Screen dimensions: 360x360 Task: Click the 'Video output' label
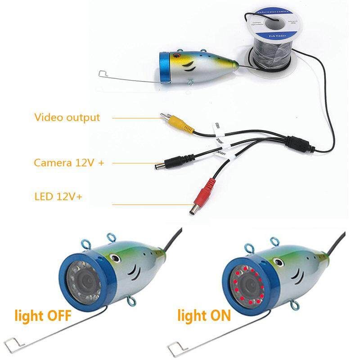(x=67, y=118)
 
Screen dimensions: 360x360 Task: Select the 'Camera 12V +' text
(x=69, y=162)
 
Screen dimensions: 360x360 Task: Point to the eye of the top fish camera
(x=177, y=55)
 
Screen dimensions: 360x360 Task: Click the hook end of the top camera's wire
(x=102, y=73)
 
